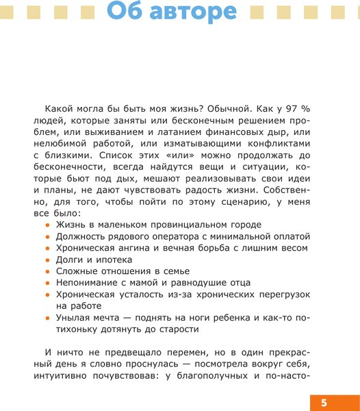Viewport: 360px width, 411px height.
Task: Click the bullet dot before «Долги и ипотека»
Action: point(48,260)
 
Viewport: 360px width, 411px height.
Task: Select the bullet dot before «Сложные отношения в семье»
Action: point(48,272)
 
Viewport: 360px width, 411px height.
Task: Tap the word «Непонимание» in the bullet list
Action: point(89,283)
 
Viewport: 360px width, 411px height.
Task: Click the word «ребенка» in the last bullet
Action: point(224,318)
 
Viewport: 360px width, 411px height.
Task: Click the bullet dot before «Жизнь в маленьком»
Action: point(48,225)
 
